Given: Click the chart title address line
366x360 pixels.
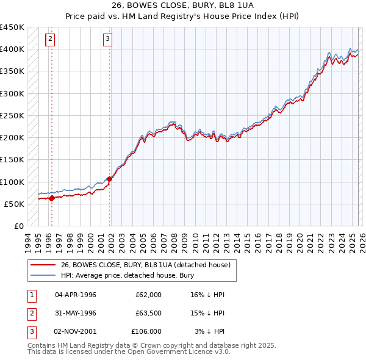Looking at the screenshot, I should coord(182,5).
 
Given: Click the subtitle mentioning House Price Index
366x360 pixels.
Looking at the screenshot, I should coord(182,15).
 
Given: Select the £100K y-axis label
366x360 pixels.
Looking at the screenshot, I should coord(12,182).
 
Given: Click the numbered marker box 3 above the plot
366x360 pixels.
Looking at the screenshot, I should coord(107,40).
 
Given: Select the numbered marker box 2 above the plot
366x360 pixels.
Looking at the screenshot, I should coord(50,40).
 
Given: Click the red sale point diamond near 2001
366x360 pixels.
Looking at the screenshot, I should coord(110,179).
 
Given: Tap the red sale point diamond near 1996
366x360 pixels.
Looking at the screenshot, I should coord(52,198).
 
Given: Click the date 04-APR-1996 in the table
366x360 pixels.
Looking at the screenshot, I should coord(76,295).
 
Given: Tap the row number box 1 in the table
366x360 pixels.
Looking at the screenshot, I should coord(30,295).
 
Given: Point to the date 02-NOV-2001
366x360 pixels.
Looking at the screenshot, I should coord(76,331).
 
